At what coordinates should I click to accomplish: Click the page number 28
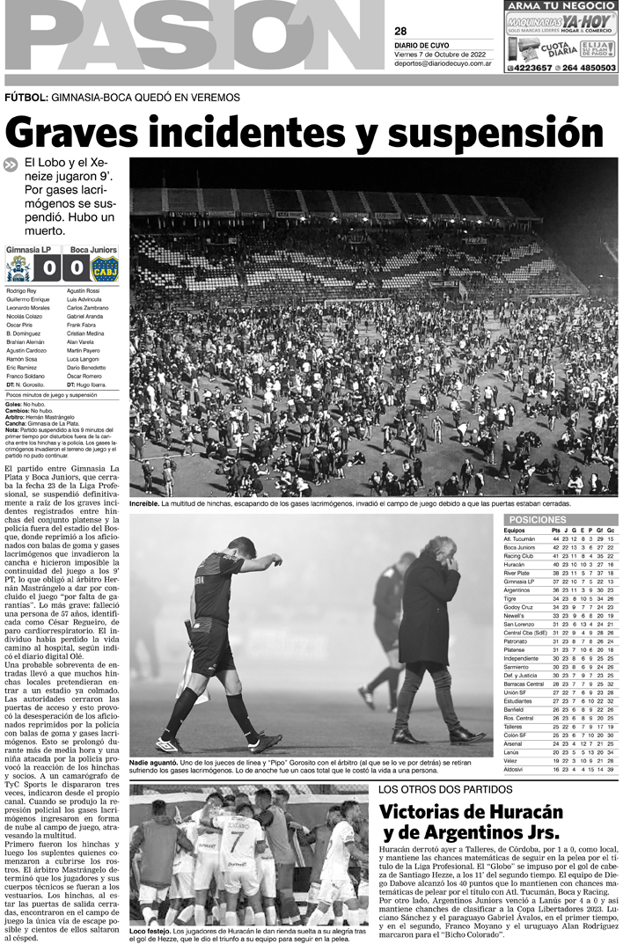click(x=400, y=32)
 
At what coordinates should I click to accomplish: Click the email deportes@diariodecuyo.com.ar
click(x=442, y=63)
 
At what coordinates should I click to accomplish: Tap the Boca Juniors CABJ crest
click(x=105, y=267)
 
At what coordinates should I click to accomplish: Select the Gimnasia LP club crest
click(x=17, y=267)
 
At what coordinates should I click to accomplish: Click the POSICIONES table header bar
click(x=560, y=520)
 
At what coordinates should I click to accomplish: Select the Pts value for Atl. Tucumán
click(x=555, y=538)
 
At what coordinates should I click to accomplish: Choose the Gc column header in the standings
click(x=610, y=531)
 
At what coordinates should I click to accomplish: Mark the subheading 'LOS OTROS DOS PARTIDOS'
click(x=438, y=789)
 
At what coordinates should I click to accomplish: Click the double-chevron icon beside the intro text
click(x=11, y=164)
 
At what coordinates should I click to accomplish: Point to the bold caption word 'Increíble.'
click(x=143, y=504)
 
